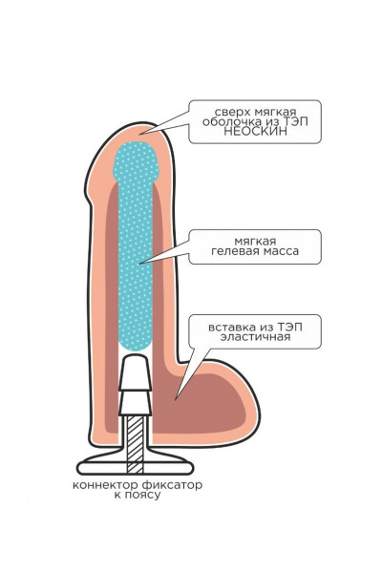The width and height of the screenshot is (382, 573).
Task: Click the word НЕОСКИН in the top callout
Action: coord(255,132)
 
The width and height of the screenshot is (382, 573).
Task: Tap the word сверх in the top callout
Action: coord(229,112)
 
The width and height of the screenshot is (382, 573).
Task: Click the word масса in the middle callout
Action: coord(281,251)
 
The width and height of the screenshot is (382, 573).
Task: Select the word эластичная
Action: coord(255,336)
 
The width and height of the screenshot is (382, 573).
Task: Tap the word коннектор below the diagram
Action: coord(106,485)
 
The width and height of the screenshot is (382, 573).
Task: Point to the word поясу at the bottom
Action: coord(142,496)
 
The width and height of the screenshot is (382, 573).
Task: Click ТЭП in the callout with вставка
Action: coord(290,327)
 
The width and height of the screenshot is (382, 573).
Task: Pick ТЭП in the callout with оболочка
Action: coord(295,121)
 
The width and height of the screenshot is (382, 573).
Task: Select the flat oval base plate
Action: coord(136,467)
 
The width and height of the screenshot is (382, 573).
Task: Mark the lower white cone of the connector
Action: coord(135,403)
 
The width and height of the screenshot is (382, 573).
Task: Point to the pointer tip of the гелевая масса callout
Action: coord(139,264)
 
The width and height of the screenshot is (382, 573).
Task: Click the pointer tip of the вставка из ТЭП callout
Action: coord(175,400)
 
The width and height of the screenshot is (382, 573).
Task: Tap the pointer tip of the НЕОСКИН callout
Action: coord(140,134)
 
